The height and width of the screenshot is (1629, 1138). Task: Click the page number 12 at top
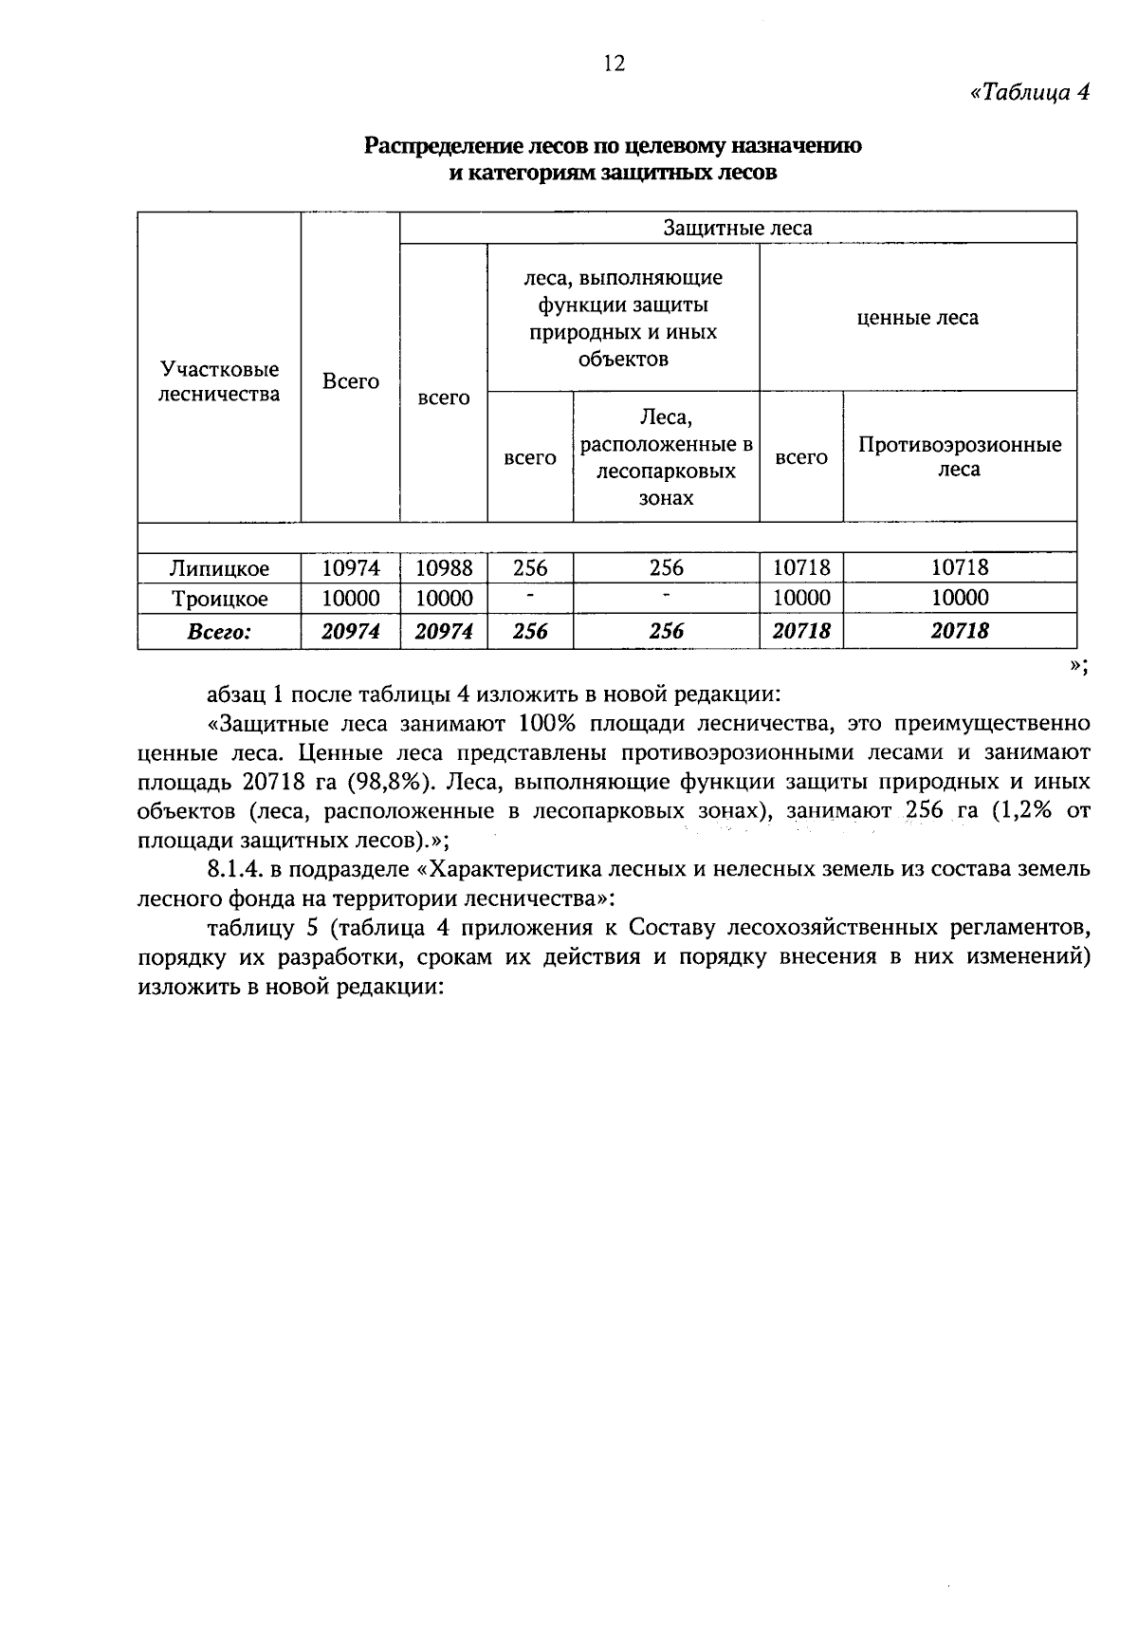tap(614, 64)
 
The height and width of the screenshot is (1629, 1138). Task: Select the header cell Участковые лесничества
tap(219, 381)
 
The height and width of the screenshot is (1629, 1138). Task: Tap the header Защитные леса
tap(737, 228)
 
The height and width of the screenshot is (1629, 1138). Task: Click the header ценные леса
tap(917, 318)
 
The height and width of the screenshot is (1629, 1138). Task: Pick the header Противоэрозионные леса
tap(959, 457)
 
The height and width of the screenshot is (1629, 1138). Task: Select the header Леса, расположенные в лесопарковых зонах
tap(666, 457)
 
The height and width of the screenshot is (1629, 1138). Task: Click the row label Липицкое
tap(219, 568)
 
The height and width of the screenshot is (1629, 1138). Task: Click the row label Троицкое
tap(219, 599)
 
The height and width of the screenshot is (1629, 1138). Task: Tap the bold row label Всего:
tap(219, 631)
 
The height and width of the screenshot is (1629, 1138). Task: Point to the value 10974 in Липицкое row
tap(350, 568)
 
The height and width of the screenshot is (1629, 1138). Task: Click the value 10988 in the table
tap(444, 568)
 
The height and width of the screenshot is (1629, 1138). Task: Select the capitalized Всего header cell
tap(350, 381)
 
